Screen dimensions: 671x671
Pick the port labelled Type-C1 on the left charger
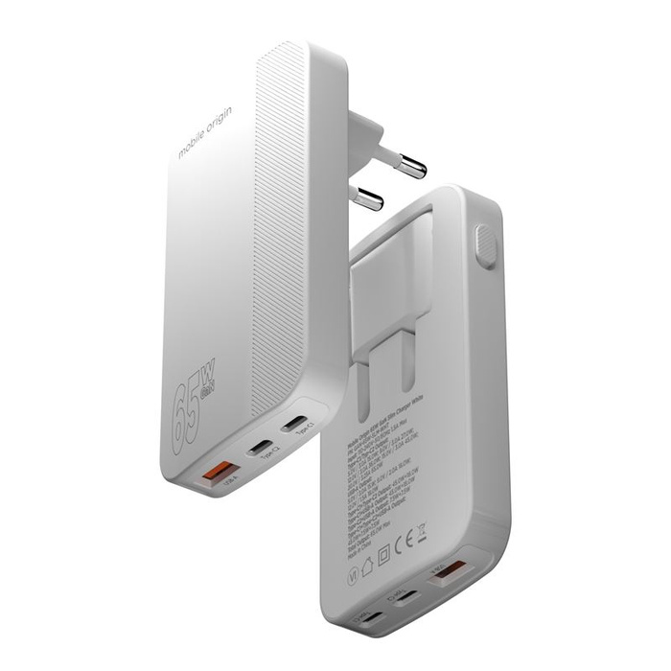295,424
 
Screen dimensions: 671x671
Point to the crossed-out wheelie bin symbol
421,529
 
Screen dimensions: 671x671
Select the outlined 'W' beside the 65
207,370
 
